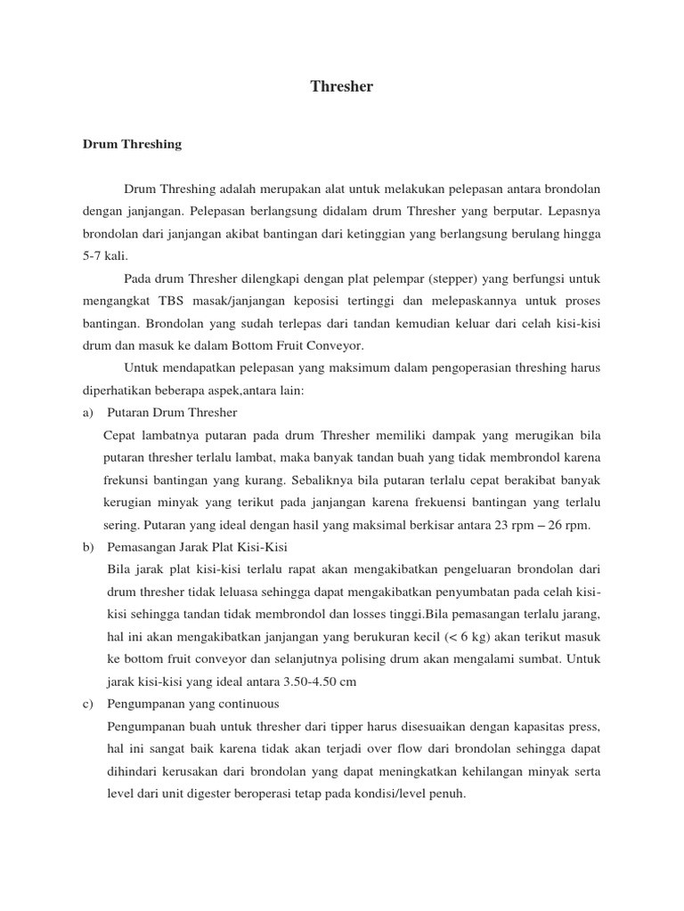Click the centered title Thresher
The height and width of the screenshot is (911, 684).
[x=342, y=87]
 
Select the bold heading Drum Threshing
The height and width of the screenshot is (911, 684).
[x=132, y=143]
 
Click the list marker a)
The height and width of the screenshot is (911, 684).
[x=88, y=412]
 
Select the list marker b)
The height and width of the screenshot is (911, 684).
[x=88, y=545]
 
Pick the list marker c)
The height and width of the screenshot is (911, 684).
[x=88, y=703]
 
